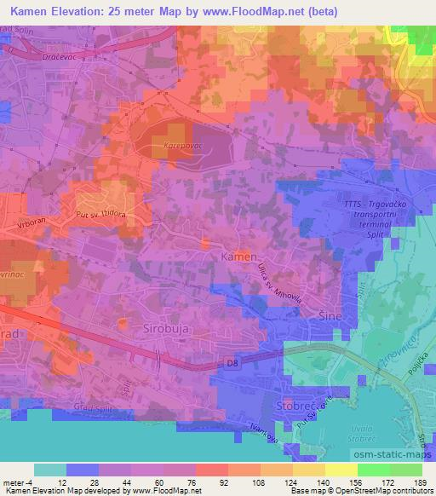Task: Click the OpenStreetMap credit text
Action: coord(392,491)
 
